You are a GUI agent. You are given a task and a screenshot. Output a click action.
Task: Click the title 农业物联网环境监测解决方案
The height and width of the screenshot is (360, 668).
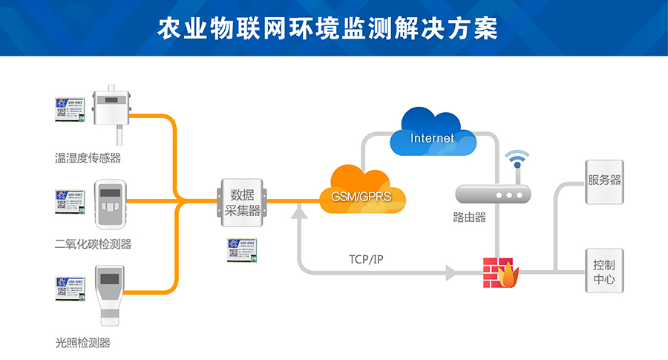coord(333,27)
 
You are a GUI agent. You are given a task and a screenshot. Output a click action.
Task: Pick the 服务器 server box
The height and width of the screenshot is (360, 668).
coord(604,181)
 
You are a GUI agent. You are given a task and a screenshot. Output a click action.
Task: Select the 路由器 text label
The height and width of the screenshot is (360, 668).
coord(469,218)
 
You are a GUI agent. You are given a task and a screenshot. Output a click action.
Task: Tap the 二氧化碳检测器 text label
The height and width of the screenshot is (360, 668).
coord(93,244)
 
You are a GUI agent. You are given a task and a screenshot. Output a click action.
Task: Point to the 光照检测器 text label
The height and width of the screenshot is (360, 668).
coord(82,342)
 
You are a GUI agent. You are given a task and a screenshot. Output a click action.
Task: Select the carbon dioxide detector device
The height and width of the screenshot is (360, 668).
coord(111,203)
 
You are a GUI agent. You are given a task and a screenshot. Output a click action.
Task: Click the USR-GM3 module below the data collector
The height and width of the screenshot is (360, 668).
coord(243,250)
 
